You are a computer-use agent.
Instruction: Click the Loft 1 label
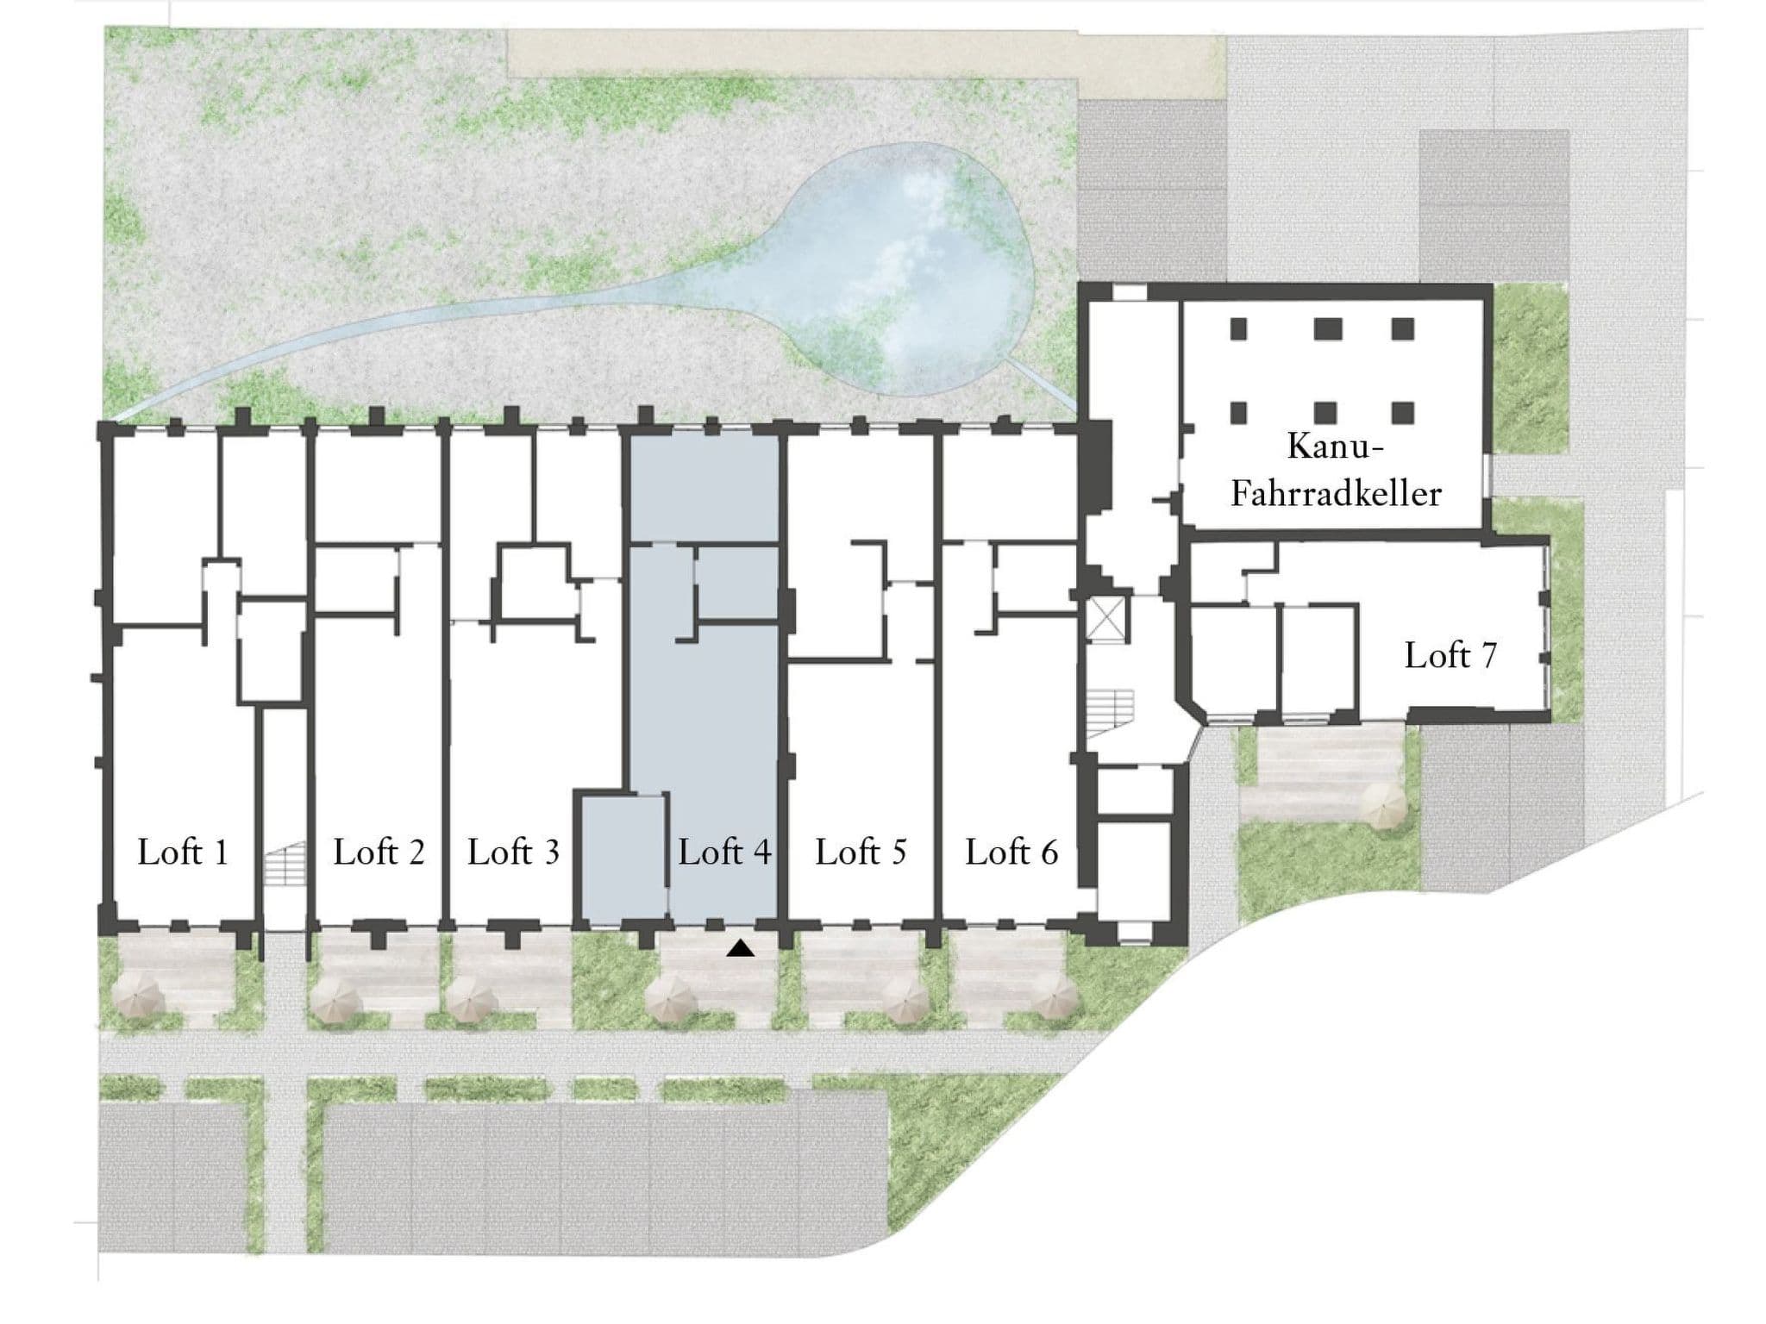pyautogui.click(x=183, y=852)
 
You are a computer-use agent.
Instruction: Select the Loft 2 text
pyautogui.click(x=379, y=852)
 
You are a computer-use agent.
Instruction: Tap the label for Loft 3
pyautogui.click(x=513, y=852)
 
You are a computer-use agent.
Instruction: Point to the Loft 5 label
pyautogui.click(x=861, y=852)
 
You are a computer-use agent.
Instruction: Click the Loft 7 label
pyautogui.click(x=1450, y=655)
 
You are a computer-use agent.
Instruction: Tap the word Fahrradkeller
pyautogui.click(x=1336, y=494)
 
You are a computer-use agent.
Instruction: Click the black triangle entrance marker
pyautogui.click(x=741, y=948)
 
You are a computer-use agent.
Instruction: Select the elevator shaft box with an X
pyautogui.click(x=1106, y=619)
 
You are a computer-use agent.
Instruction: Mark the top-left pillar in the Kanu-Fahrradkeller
pyautogui.click(x=1239, y=328)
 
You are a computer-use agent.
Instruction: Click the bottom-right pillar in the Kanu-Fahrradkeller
pyautogui.click(x=1403, y=413)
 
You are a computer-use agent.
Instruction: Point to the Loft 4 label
pyautogui.click(x=724, y=852)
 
